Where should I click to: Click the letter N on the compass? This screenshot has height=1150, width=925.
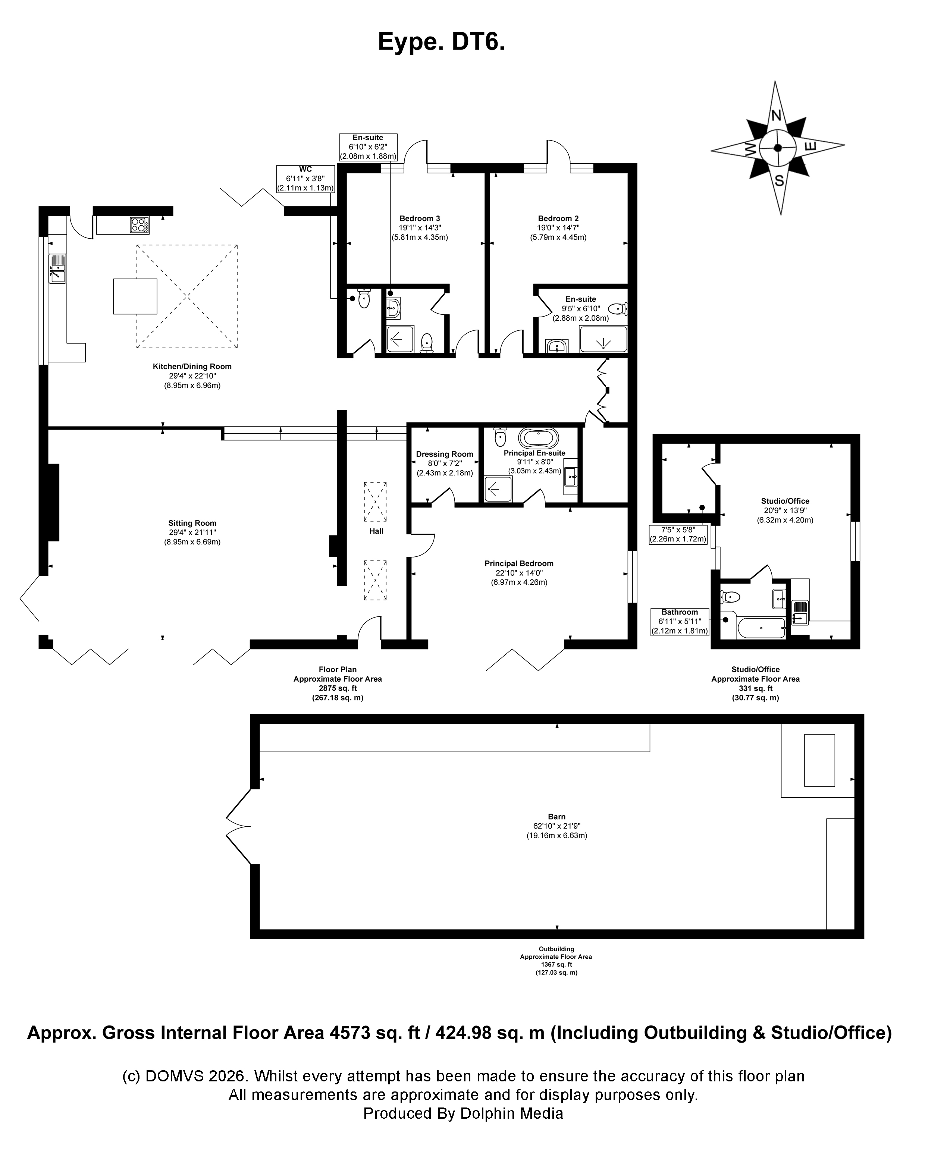(x=776, y=115)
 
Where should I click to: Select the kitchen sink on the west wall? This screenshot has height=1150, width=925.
(x=57, y=268)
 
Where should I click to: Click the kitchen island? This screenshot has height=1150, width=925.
(x=135, y=296)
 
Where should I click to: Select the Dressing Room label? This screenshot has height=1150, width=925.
(x=444, y=455)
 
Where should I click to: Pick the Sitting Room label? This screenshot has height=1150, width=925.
(x=192, y=523)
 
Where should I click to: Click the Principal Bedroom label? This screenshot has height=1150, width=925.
(x=518, y=563)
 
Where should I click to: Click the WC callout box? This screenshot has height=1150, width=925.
(x=305, y=179)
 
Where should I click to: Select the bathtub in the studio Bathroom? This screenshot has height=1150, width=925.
(x=760, y=628)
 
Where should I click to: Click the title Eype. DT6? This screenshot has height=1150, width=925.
(x=441, y=42)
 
